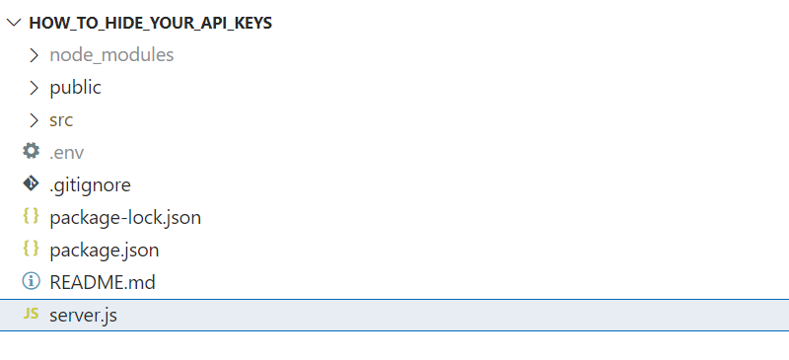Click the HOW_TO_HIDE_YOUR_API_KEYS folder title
(x=150, y=23)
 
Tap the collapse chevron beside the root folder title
(x=14, y=23)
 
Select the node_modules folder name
(x=111, y=55)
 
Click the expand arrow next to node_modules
(x=33, y=55)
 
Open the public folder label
(x=75, y=88)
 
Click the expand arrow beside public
(x=33, y=88)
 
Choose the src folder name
(x=61, y=120)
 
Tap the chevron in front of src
(x=33, y=120)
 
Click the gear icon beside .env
(x=31, y=152)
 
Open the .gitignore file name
(x=90, y=184)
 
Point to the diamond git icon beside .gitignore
(x=31, y=184)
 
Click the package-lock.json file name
(x=125, y=217)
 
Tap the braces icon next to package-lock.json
(x=31, y=217)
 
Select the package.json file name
(x=104, y=250)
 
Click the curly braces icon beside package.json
(x=31, y=250)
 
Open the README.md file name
(x=103, y=282)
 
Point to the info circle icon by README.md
(x=31, y=282)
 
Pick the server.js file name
(x=84, y=315)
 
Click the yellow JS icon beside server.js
(x=31, y=315)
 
